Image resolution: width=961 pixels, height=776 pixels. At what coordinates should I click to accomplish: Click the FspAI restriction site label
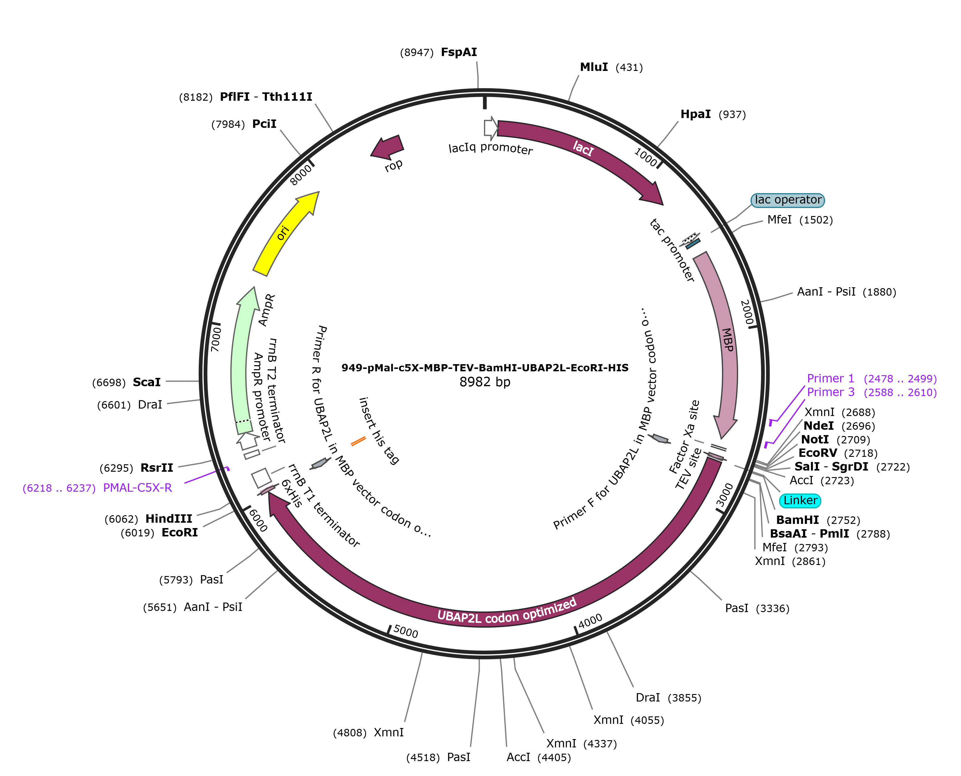[459, 52]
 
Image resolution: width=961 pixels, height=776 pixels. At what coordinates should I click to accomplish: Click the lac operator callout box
[788, 200]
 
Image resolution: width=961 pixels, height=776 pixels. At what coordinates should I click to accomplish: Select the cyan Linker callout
[800, 500]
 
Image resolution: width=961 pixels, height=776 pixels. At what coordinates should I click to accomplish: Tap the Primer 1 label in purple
[830, 378]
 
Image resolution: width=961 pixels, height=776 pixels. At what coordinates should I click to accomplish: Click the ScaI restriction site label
[147, 382]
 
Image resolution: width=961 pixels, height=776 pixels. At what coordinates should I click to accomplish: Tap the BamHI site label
[797, 520]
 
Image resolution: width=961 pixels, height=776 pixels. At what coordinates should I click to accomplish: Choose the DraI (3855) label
[648, 697]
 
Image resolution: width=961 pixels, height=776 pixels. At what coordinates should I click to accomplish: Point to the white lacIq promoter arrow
[490, 128]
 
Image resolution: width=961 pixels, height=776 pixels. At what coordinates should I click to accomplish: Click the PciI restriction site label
[264, 124]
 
